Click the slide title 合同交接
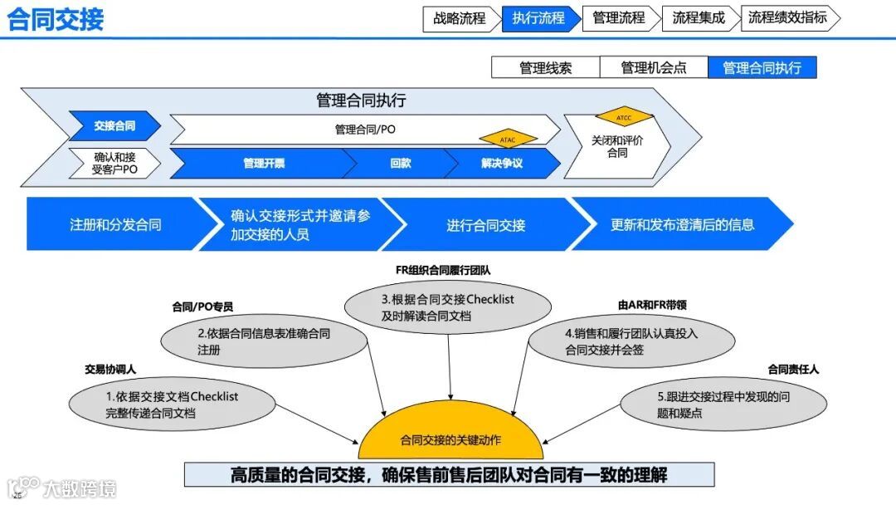56,18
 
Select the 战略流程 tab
460,18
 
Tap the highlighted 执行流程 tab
538,18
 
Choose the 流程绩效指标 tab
787,18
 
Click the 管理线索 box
545,68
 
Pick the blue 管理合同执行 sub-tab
762,68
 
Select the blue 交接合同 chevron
114,126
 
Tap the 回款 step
401,164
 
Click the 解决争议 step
501,164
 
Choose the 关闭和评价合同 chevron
616,147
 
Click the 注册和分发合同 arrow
115,224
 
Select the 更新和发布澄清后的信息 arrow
682,224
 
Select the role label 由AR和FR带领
652,305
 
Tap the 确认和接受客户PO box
114,163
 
